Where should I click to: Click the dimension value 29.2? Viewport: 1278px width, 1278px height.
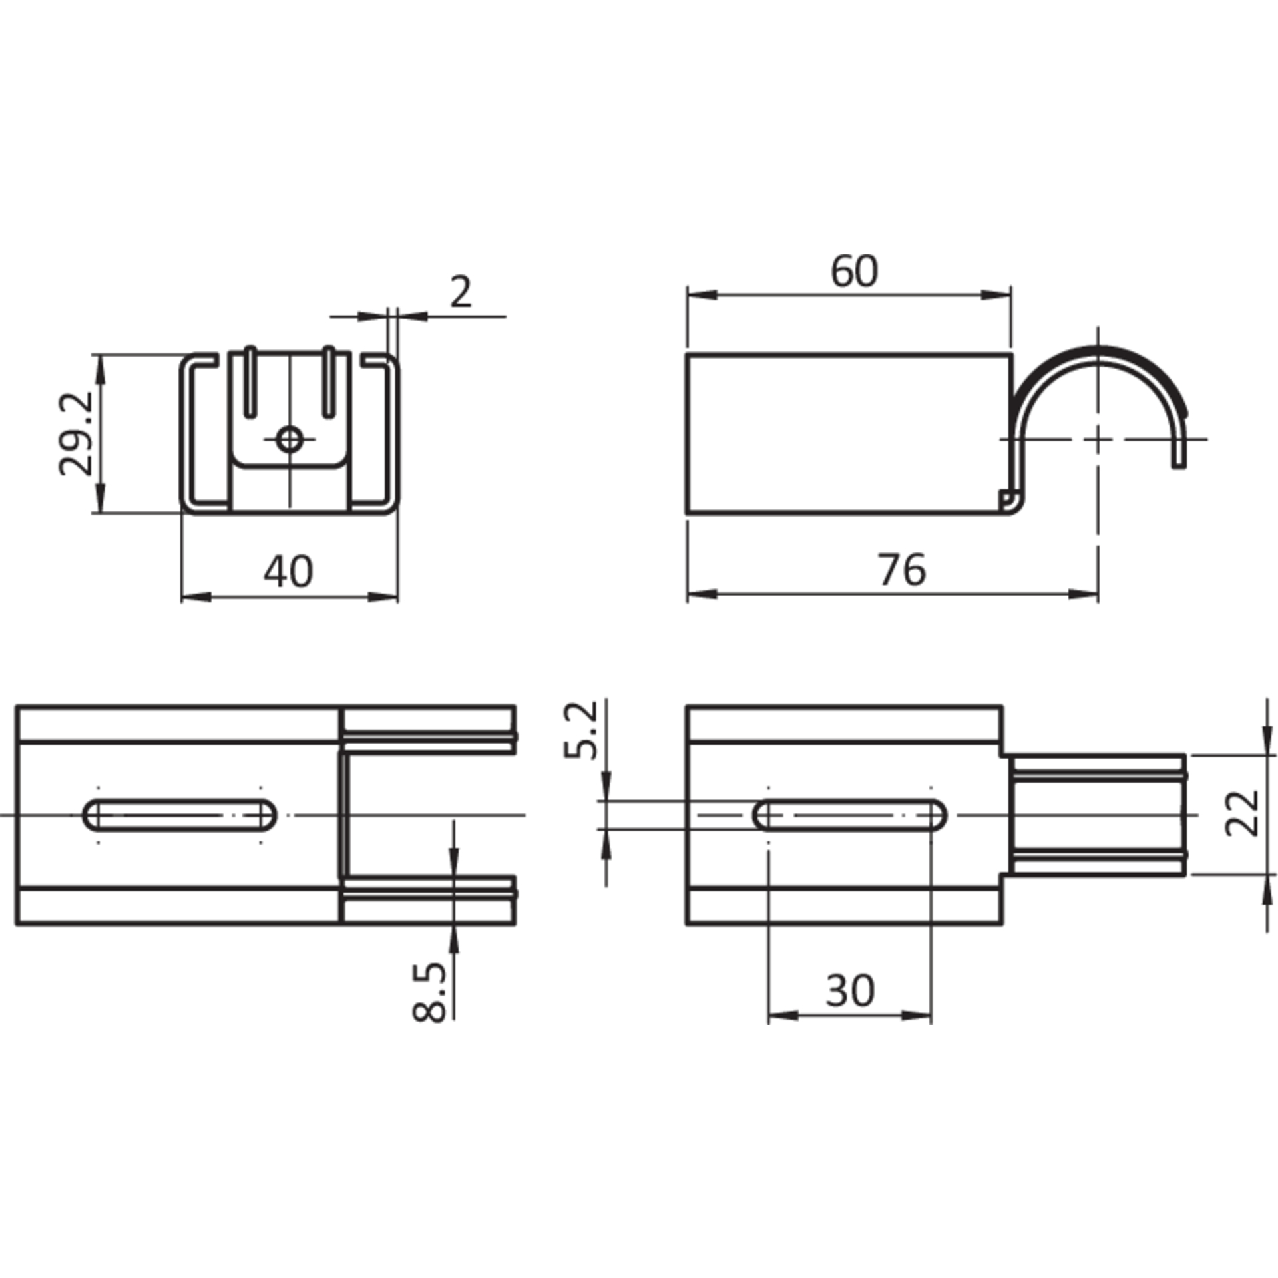tap(75, 433)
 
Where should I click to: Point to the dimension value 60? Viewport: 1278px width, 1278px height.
tap(854, 270)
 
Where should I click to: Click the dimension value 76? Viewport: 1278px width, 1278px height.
tap(902, 570)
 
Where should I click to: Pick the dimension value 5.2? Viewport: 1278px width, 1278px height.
tap(580, 730)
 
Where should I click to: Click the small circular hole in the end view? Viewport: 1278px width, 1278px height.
tap(289, 439)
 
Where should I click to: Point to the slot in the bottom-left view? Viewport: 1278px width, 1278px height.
tap(180, 815)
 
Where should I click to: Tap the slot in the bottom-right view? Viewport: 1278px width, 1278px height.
tap(851, 815)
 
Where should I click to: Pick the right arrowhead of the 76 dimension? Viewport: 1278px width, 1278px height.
tap(1083, 594)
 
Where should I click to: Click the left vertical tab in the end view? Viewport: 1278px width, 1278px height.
tap(250, 381)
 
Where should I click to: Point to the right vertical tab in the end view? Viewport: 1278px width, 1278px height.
tap(327, 381)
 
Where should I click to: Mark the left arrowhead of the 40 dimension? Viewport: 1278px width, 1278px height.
tap(196, 597)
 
